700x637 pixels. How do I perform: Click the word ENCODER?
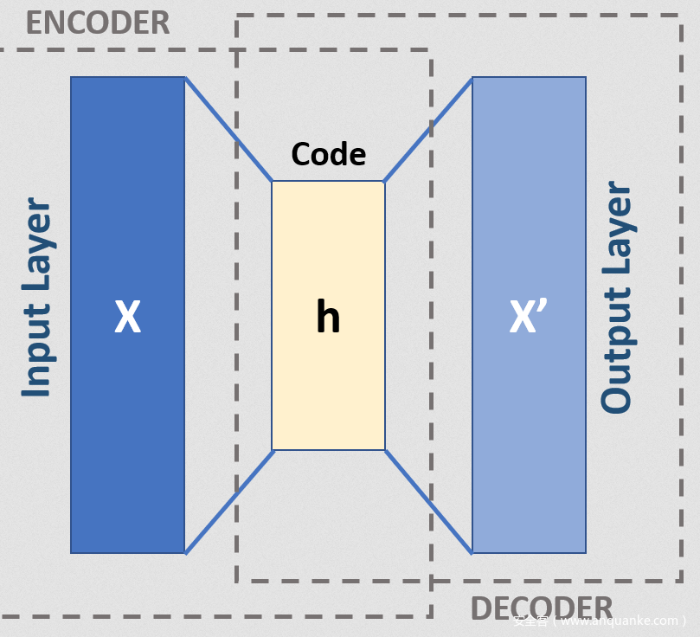click(x=97, y=23)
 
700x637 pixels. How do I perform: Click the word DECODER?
click(x=542, y=608)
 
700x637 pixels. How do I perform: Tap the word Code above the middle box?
click(x=328, y=155)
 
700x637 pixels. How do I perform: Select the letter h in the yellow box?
click(x=328, y=318)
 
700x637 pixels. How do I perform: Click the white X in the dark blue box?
click(x=127, y=318)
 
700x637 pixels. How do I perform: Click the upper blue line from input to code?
click(x=229, y=129)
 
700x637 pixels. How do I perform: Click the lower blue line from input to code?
click(x=229, y=502)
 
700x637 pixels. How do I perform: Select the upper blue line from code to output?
click(x=428, y=130)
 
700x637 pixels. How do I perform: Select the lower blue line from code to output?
click(x=428, y=501)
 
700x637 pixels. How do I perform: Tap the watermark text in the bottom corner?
click(x=599, y=621)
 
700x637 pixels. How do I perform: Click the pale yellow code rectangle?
click(x=328, y=389)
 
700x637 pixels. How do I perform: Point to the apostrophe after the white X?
click(x=544, y=307)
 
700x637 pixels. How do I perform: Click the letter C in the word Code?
click(x=299, y=155)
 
